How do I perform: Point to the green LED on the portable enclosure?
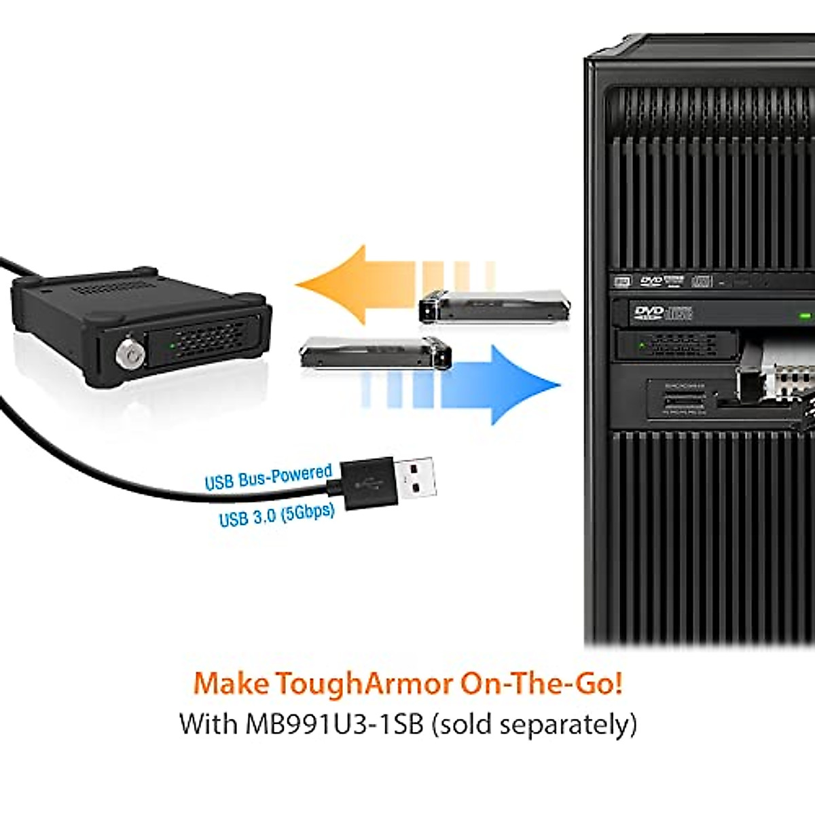pyautogui.click(x=173, y=345)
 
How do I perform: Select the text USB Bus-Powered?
pyautogui.click(x=268, y=477)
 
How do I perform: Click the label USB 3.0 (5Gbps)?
pyautogui.click(x=276, y=515)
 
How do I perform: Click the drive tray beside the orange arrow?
pyautogui.click(x=493, y=306)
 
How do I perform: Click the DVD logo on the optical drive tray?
pyautogui.click(x=648, y=312)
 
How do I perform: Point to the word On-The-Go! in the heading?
pyautogui.click(x=541, y=683)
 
